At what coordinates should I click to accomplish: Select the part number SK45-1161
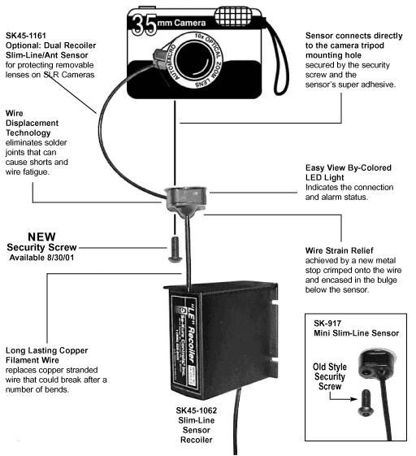point(28,37)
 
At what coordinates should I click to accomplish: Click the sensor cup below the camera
point(186,198)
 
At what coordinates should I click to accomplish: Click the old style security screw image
point(364,399)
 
